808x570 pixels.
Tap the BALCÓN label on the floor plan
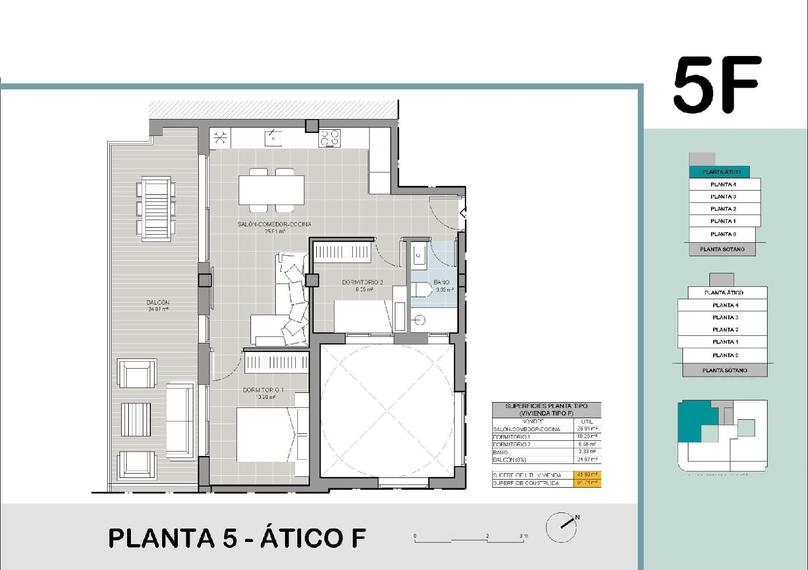158,302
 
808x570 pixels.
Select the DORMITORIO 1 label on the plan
263,390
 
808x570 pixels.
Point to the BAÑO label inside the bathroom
442,282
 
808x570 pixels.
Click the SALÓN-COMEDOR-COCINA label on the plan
274,224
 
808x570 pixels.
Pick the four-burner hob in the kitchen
330,138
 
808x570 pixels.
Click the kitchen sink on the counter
273,138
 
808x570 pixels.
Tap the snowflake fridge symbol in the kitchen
219,138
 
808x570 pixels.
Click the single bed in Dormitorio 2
364,316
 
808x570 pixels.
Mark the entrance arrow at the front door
463,214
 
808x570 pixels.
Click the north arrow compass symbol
562,526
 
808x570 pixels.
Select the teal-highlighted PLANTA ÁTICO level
721,172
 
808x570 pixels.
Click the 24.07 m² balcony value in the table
587,460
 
